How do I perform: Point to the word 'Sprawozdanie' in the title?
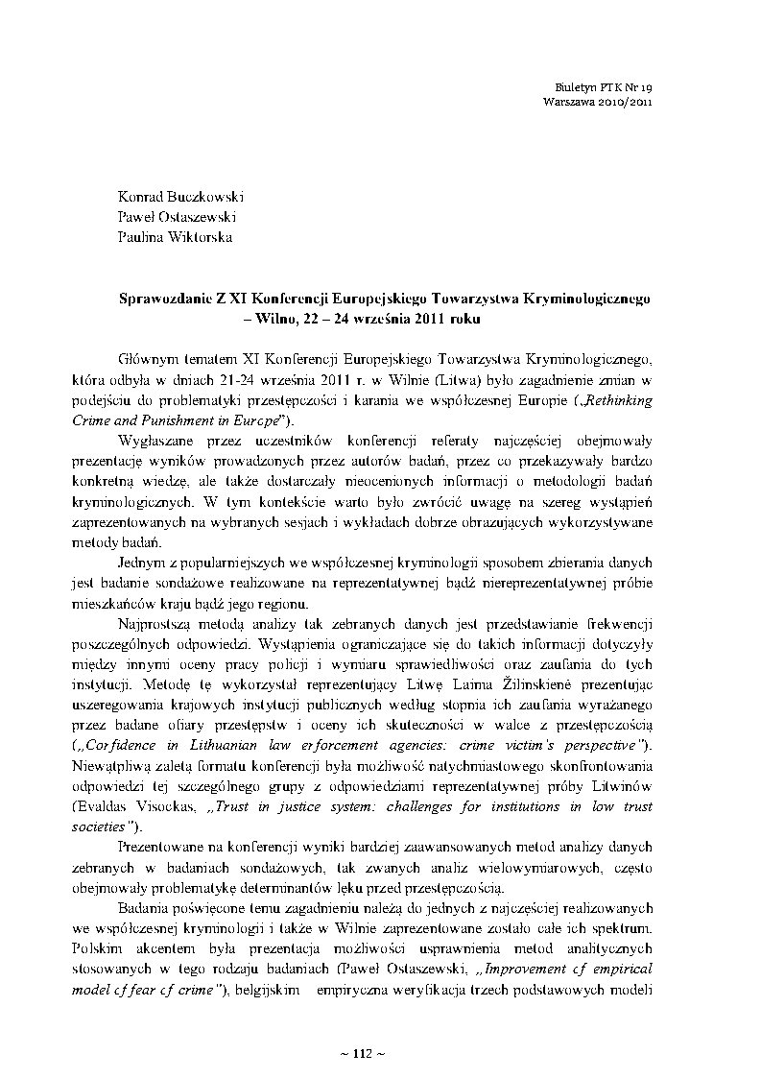click(157, 298)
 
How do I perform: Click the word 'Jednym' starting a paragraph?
click(142, 561)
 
